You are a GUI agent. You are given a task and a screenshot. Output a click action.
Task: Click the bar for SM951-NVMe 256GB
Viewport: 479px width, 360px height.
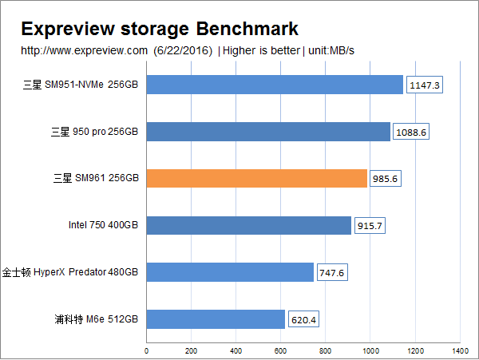click(x=275, y=85)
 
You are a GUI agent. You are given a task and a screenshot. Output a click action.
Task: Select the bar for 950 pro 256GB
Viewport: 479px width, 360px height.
click(x=268, y=132)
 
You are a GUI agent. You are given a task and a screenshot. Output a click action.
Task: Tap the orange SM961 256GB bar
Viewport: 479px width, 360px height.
click(x=257, y=178)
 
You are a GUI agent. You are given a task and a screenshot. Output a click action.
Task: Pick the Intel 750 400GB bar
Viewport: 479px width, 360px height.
click(x=249, y=225)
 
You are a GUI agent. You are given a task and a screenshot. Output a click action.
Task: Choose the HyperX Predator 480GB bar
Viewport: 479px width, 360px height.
click(x=230, y=272)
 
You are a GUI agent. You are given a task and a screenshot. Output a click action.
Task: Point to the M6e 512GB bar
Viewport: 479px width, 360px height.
click(x=216, y=319)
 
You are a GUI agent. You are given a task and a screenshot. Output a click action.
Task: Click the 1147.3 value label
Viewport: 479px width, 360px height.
click(x=424, y=85)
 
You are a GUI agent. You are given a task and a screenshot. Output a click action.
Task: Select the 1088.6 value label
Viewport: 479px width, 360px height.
click(x=411, y=132)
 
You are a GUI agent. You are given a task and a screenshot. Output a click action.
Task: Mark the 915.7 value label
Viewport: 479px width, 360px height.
click(x=370, y=226)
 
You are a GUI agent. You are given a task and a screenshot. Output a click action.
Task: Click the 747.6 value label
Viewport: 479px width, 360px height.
click(x=331, y=273)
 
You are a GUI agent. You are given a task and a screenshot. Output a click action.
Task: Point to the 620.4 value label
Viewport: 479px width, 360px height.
click(x=304, y=320)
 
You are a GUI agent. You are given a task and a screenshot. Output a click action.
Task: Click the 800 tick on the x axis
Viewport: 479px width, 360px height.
click(x=325, y=350)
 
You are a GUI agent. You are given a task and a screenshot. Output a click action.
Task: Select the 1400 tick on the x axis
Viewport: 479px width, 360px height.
click(x=459, y=350)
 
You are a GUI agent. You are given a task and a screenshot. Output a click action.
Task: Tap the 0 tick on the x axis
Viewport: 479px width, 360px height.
click(x=147, y=350)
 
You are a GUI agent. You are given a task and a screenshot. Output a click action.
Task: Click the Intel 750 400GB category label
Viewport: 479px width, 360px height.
click(x=104, y=226)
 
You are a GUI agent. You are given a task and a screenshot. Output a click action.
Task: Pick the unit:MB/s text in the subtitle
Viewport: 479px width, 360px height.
click(x=330, y=51)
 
